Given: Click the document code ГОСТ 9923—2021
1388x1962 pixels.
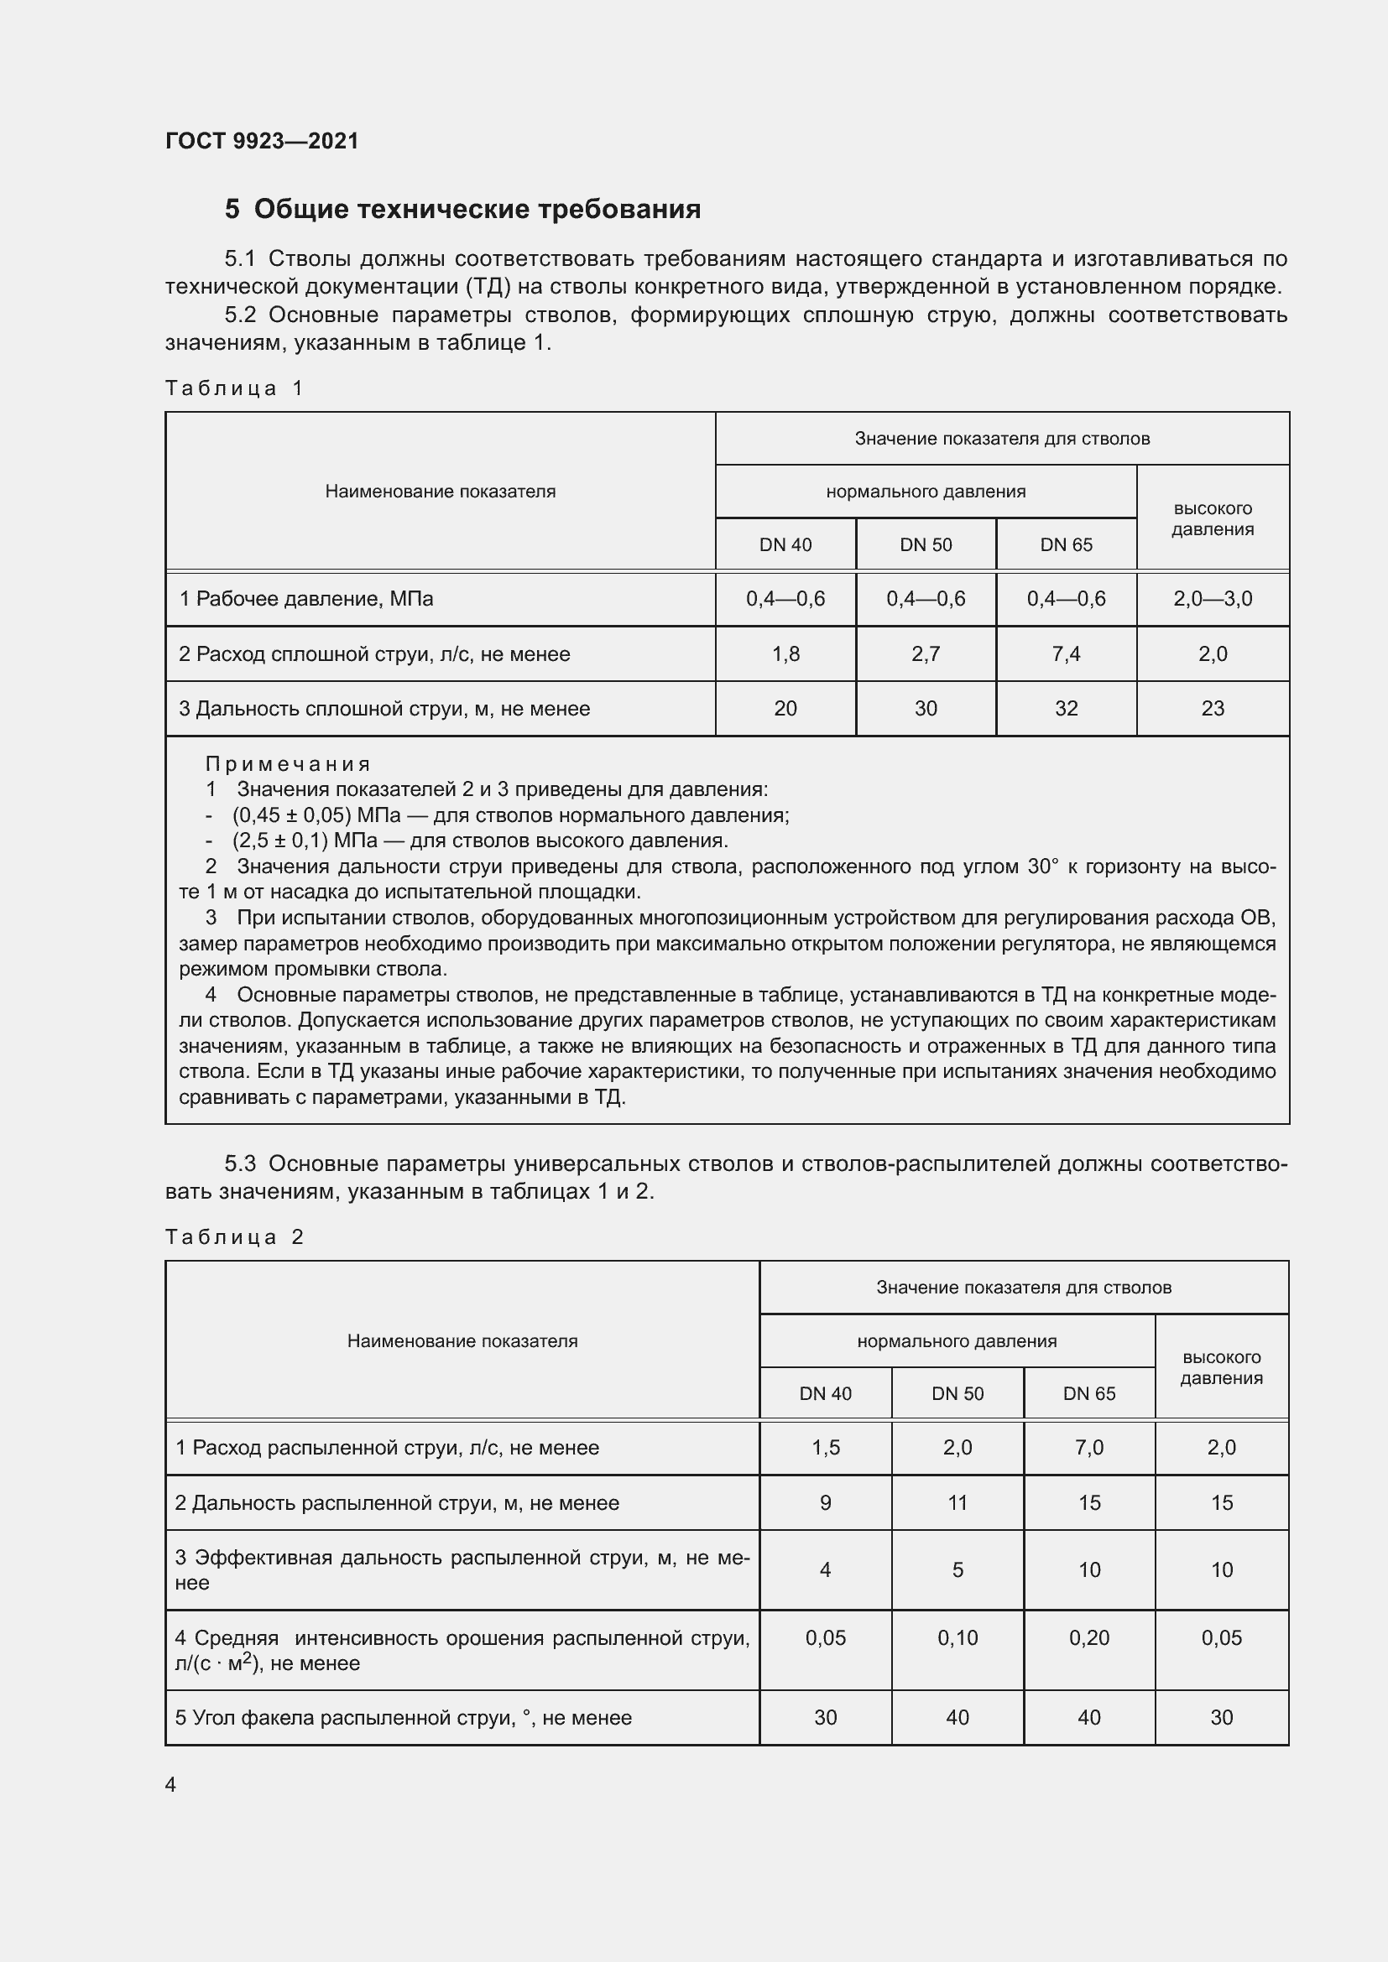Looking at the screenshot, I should [262, 141].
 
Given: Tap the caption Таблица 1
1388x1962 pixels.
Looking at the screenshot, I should [234, 389].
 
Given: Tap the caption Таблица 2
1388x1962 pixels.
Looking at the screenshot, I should [234, 1237].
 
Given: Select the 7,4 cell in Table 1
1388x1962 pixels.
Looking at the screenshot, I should [1066, 653].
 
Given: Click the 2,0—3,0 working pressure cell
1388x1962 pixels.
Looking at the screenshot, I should [1212, 599].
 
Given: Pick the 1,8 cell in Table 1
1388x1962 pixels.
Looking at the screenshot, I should [785, 653].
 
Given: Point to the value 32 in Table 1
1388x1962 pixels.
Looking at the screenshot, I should [1066, 709].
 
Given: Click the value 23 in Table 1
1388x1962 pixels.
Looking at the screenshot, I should [1212, 709].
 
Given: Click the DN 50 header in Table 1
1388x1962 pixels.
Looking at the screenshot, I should [925, 545].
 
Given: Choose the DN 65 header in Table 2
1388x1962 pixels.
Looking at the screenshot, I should [1089, 1394].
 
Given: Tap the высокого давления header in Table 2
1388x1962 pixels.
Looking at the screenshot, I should [1220, 1367].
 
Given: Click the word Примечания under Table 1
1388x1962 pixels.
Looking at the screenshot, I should [287, 764].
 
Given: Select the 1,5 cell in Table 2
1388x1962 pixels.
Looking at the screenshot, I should [825, 1448].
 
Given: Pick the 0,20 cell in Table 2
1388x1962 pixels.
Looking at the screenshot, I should [1089, 1638].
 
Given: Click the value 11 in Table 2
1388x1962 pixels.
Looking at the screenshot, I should [958, 1503].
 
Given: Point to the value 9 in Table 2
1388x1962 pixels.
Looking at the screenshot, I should [825, 1503].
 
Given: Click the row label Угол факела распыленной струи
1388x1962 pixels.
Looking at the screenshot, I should [403, 1718].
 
